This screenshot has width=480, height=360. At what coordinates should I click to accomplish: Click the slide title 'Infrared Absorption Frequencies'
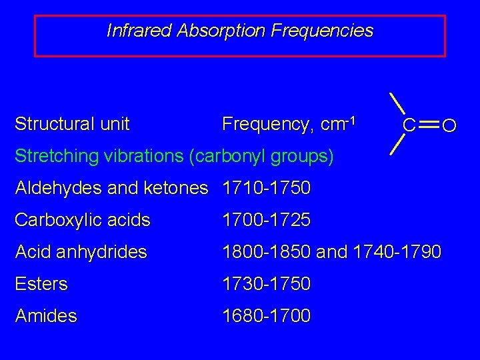[x=240, y=31]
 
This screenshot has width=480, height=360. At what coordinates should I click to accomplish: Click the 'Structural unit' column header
[x=72, y=124]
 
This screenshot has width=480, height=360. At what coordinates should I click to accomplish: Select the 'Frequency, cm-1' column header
[x=290, y=124]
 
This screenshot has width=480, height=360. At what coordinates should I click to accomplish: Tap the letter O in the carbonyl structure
[x=449, y=125]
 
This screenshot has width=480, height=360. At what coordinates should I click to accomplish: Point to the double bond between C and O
[x=429, y=125]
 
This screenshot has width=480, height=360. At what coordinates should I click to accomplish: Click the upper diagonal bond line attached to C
[x=398, y=104]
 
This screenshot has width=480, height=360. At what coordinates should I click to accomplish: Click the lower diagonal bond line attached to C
[x=398, y=145]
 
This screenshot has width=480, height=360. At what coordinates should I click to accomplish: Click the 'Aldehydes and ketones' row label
[x=111, y=188]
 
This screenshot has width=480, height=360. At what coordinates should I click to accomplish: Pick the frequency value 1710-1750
[x=267, y=188]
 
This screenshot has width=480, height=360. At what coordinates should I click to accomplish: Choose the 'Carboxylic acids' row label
[x=83, y=220]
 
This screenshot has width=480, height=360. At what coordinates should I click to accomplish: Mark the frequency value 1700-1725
[x=267, y=220]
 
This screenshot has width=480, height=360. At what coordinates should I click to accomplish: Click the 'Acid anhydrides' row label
[x=81, y=252]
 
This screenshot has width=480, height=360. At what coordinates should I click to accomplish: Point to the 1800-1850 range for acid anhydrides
[x=267, y=252]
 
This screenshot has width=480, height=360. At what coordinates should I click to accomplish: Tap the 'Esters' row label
[x=41, y=284]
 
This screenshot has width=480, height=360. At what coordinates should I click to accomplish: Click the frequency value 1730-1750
[x=267, y=284]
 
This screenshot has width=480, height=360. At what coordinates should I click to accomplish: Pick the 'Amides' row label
[x=46, y=316]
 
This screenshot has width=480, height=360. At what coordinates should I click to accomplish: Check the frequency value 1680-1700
[x=267, y=316]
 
